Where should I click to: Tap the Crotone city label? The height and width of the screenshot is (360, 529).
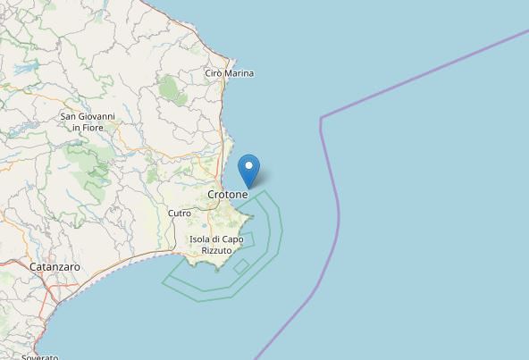pyautogui.click(x=228, y=194)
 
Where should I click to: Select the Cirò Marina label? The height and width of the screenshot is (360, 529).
pyautogui.click(x=230, y=73)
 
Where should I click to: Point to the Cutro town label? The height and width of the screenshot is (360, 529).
pyautogui.click(x=180, y=213)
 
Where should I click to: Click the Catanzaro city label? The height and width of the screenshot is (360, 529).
pyautogui.click(x=55, y=267)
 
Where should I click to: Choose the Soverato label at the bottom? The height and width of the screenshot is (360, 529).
pyautogui.click(x=40, y=357)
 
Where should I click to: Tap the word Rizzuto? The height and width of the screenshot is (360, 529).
pyautogui.click(x=216, y=251)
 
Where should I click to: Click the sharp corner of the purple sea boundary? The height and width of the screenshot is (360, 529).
pyautogui.click(x=320, y=117)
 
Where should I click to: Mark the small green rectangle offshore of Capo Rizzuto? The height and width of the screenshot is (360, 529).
pyautogui.click(x=240, y=265)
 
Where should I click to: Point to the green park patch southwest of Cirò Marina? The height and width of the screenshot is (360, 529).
pyautogui.click(x=167, y=87)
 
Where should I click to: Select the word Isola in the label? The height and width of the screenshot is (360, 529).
pyautogui.click(x=201, y=239)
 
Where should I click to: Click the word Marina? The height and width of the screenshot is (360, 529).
pyautogui.click(x=239, y=73)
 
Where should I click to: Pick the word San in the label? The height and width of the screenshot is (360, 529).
pyautogui.click(x=68, y=116)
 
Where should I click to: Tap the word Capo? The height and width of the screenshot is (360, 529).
pyautogui.click(x=232, y=239)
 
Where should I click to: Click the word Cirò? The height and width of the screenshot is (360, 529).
pyautogui.click(x=214, y=73)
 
